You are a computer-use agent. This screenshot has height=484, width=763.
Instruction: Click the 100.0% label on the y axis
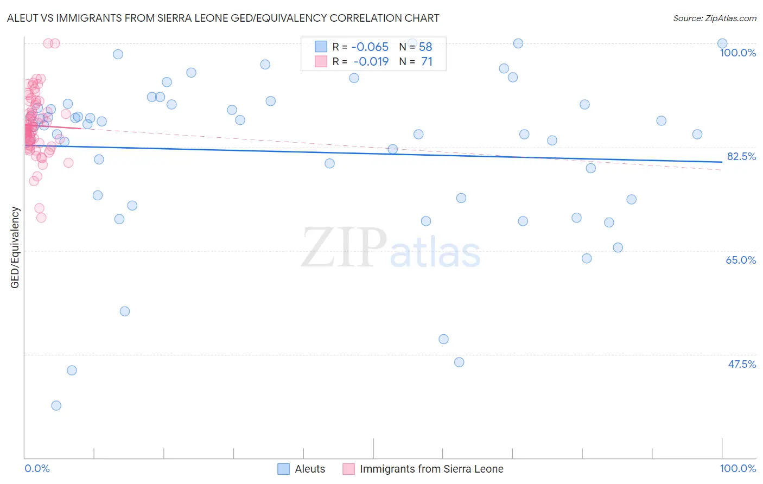pos(737,53)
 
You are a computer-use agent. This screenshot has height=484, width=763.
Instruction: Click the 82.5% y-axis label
pos(741,156)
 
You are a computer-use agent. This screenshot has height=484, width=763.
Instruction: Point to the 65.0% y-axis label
pos(741,260)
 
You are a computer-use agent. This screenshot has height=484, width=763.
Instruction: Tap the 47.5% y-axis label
pos(741,364)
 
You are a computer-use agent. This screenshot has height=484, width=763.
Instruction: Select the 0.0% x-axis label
pos(37,468)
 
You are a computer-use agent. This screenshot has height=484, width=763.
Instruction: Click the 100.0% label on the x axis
pos(737,468)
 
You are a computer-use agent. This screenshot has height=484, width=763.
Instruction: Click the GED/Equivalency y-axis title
pos(15,247)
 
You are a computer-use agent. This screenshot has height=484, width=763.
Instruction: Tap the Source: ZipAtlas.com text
pos(714,18)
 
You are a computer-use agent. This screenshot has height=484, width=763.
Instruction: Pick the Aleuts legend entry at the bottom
pos(310,469)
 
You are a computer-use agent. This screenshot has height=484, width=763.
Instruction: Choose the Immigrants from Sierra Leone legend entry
pos(431,469)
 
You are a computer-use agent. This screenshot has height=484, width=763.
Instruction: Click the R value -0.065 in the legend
pos(370,47)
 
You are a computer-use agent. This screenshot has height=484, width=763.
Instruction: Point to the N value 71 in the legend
pos(427,61)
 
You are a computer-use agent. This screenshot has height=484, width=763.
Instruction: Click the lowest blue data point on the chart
pos(56,405)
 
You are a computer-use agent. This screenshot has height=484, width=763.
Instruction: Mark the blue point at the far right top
pos(722,43)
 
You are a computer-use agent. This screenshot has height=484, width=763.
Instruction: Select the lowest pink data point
pos(41,218)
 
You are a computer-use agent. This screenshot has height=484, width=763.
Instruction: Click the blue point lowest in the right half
pos(459,362)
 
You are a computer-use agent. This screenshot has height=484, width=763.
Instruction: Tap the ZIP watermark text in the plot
pos(344,248)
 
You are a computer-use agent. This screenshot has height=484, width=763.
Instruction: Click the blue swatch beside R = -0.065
pos(321,47)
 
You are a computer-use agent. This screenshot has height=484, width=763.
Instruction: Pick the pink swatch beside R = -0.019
pos(321,61)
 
